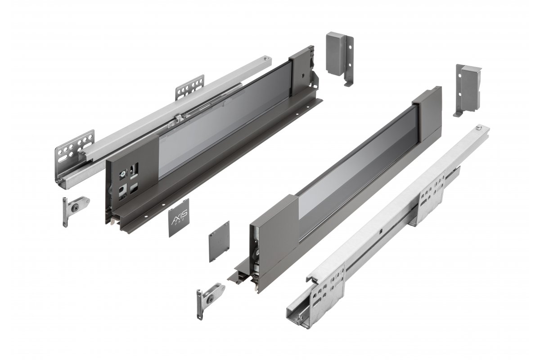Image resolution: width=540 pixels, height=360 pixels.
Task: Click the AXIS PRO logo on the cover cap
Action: pyautogui.click(x=180, y=219)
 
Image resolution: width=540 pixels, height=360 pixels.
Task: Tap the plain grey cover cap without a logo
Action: pyautogui.click(x=219, y=241)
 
